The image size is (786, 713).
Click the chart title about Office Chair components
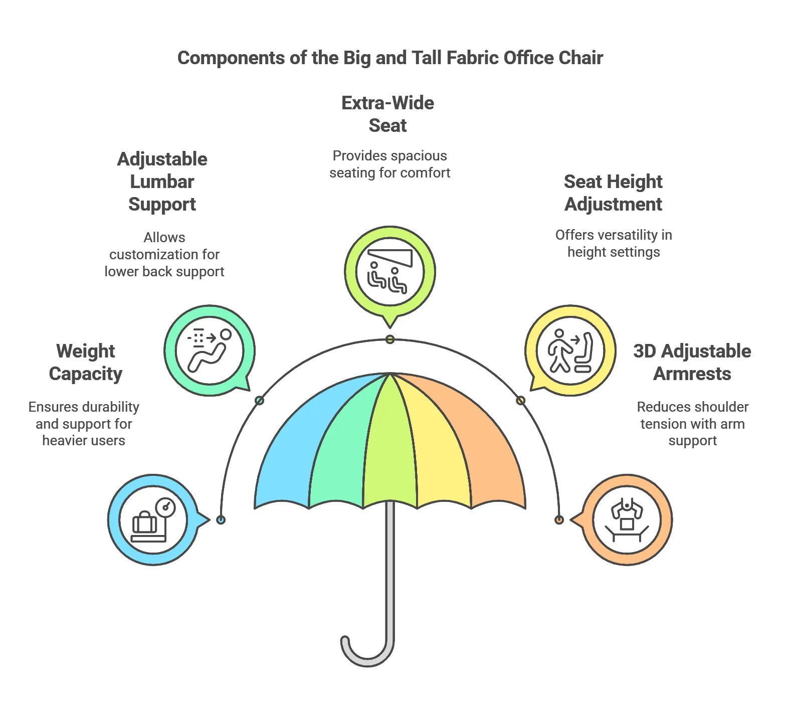[x=390, y=58]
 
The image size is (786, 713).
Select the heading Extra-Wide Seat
[x=388, y=114]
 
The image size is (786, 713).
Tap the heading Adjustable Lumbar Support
[x=162, y=182]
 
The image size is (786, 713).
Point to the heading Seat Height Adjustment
[x=613, y=193]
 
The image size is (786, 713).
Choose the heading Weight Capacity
[x=86, y=362]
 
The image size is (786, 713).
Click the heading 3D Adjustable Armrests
[x=692, y=362]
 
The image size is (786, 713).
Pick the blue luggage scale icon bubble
[x=153, y=520]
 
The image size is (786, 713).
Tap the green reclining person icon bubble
[x=210, y=350]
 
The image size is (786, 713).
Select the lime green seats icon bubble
[x=389, y=272]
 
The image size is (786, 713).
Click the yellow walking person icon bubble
[x=570, y=350]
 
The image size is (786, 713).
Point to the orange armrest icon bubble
[x=627, y=520]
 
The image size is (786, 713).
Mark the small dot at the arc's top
[x=390, y=339]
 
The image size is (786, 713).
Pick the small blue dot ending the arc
[x=221, y=520]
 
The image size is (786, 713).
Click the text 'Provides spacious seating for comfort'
[x=389, y=164]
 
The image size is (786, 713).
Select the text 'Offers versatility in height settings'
[x=614, y=243]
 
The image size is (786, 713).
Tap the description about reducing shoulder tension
[x=692, y=424]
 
